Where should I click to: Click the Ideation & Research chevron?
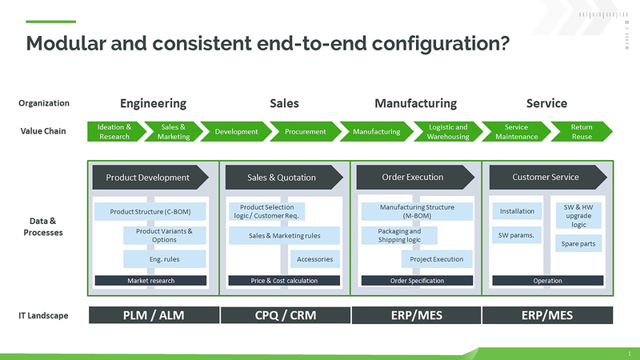coord(114,131)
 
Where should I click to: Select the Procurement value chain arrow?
coord(305,131)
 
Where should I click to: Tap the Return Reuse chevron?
coord(582,131)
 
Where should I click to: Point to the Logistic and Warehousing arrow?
coord(447,131)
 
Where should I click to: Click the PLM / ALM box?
coord(153,315)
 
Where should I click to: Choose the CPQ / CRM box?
coord(284,315)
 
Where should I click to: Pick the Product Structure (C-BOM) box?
coord(150,212)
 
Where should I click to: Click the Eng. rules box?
coord(165,258)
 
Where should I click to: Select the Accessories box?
coord(314,258)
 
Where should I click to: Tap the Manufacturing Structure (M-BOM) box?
coord(417,211)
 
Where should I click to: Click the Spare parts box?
coord(578,243)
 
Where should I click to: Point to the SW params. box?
coord(517,235)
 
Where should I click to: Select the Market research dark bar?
coord(151,281)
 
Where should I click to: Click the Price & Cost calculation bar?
coord(284,281)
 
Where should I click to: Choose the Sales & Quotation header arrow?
coord(282,177)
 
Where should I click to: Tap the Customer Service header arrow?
coord(546,177)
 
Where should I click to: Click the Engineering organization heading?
coord(153,103)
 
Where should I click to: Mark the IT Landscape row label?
coord(44,315)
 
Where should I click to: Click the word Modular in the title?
coord(60,43)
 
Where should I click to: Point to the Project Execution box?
coord(436,258)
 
